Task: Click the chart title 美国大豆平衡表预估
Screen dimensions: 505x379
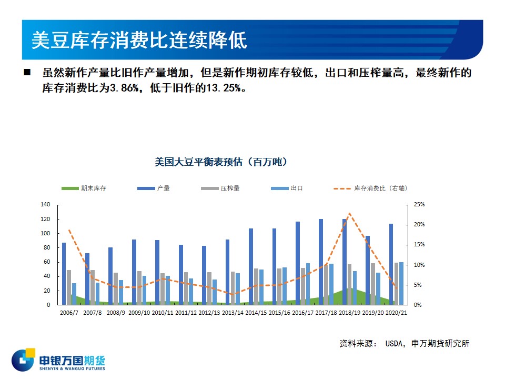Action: point(198,162)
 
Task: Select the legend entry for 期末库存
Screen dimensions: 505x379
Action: point(84,188)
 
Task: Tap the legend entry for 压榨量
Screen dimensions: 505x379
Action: point(220,188)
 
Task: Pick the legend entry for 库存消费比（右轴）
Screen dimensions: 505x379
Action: point(370,188)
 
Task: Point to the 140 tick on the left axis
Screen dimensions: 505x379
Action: point(45,204)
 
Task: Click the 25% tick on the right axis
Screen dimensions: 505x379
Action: point(419,204)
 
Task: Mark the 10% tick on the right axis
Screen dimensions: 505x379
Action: point(419,265)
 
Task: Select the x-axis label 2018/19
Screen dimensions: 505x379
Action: point(349,313)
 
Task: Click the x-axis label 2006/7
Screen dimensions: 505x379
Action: point(69,313)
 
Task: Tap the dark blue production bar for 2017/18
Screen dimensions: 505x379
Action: point(321,262)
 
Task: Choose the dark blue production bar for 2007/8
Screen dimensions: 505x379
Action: point(87,279)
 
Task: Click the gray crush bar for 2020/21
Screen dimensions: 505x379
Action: point(396,284)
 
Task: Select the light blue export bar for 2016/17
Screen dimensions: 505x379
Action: point(308,284)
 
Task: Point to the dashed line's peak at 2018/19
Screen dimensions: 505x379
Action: point(349,213)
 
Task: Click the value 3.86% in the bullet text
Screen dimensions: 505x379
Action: point(125,88)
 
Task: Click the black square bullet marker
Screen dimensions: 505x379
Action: point(27,72)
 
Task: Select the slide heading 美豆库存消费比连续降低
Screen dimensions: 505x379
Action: point(139,41)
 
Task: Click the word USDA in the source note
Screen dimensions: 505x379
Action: point(394,344)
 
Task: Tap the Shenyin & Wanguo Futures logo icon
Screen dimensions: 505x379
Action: point(23,360)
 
